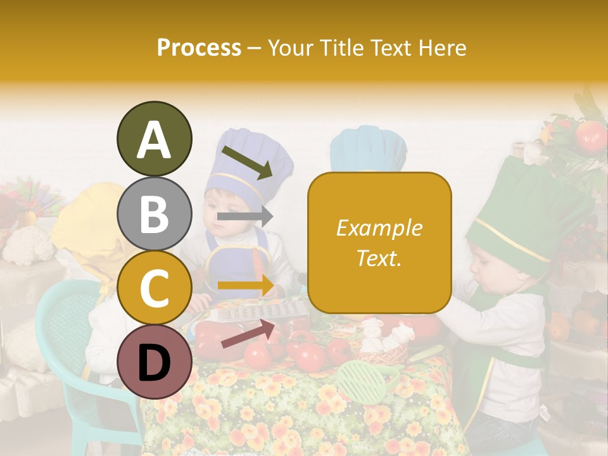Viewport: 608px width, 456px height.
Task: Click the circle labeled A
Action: (x=154, y=139)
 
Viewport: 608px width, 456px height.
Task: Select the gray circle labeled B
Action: (x=154, y=214)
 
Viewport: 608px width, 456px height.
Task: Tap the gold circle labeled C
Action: (x=154, y=288)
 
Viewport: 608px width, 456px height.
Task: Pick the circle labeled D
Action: (x=154, y=362)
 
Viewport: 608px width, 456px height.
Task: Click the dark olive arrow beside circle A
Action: (x=247, y=162)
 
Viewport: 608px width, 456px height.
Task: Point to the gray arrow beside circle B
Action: (x=244, y=217)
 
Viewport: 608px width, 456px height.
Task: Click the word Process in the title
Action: (x=199, y=47)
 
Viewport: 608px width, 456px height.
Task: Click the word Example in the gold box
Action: (x=379, y=228)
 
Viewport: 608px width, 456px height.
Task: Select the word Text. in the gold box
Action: (x=379, y=258)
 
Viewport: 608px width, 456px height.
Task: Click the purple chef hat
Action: (x=253, y=158)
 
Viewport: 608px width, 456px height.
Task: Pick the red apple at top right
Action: (x=590, y=135)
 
